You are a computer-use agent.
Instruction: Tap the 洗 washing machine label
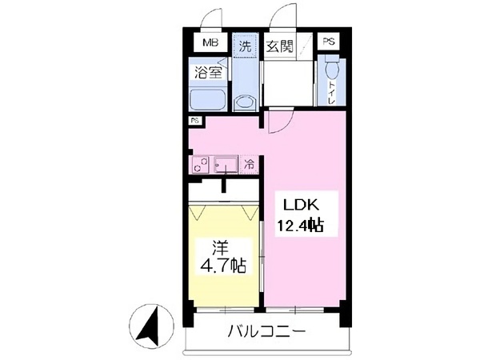pos(245,46)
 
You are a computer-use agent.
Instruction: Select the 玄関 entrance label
pos(279,46)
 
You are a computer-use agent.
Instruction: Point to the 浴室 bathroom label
pos(208,72)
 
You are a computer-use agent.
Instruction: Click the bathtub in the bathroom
pos(209,100)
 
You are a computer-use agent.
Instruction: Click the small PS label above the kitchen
pos(194,121)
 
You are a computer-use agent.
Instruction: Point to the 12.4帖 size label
pos(300,226)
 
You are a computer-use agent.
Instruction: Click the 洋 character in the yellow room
pos(221,246)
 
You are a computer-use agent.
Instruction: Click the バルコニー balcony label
pos(265,330)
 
